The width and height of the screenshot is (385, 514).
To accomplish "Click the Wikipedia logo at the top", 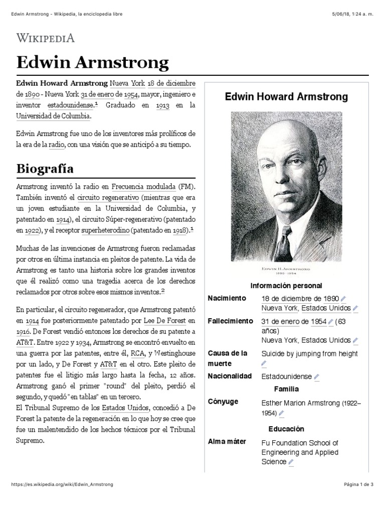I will (x=46, y=38).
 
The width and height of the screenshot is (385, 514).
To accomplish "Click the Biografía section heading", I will (x=45, y=167).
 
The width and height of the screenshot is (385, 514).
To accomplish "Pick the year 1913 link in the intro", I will (x=162, y=105).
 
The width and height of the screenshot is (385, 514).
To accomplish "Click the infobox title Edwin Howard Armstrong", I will (x=286, y=97).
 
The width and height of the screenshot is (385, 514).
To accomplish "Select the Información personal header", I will (x=286, y=286).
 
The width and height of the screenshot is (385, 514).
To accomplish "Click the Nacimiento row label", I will (x=227, y=298).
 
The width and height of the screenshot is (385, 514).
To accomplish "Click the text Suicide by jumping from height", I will (x=309, y=354).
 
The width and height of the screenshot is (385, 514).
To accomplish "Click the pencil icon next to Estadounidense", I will (x=317, y=377).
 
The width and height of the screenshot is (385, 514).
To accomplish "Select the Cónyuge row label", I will (x=223, y=402).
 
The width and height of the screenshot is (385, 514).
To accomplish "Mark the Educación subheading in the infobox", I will (x=286, y=429).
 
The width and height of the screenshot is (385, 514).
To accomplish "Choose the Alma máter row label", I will (x=227, y=442).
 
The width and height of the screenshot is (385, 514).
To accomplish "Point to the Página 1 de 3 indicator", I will (x=359, y=484).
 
